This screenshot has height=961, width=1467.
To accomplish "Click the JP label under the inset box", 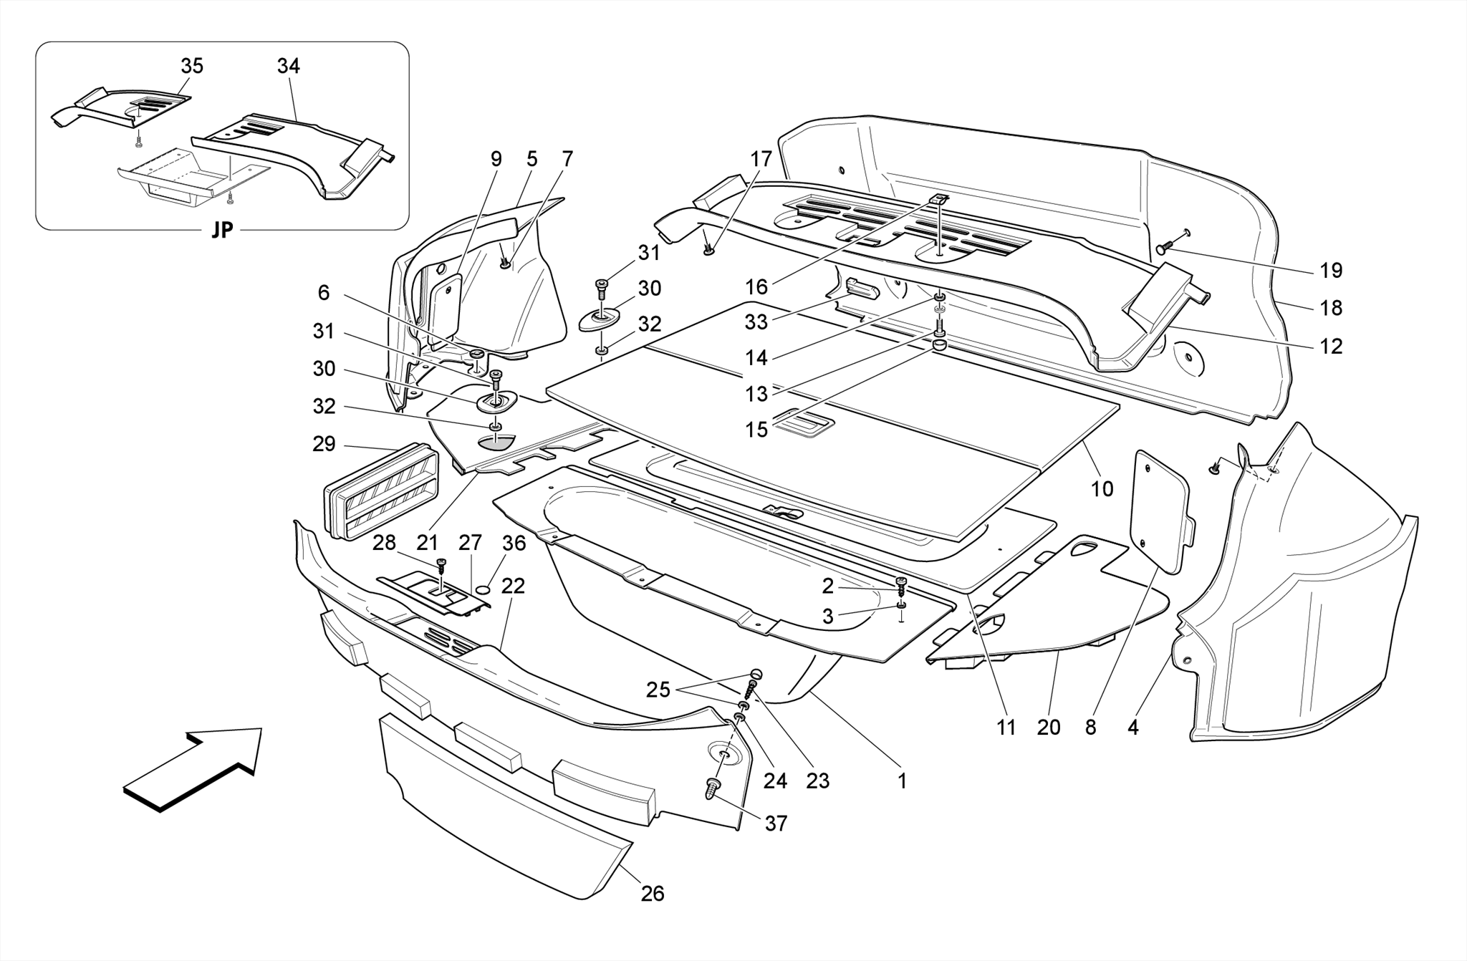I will pos(222,231).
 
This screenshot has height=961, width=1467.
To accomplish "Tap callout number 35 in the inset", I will pos(192,66).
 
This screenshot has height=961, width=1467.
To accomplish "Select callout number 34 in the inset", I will pos(289,66).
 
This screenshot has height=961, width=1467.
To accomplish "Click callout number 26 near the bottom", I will pos(653,894).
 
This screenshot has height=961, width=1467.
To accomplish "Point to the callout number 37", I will pos(776,824).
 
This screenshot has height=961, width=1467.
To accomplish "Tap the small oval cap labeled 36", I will pos(484,589).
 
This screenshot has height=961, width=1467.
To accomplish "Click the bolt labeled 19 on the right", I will pos(1164,248).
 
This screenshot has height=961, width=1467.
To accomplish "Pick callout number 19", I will pos(1331,271).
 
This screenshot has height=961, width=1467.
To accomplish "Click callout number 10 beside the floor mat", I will pos(1102,489).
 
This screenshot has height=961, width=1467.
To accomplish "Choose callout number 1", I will pos(903,781).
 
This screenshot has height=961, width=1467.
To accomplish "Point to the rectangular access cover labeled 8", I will pos(1158,512).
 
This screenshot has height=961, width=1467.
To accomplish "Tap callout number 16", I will pos(756,287).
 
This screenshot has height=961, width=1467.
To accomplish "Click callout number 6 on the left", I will pos(324,292).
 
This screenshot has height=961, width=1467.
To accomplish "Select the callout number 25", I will pos(658,690).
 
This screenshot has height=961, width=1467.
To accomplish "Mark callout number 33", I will pos(756,322).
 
